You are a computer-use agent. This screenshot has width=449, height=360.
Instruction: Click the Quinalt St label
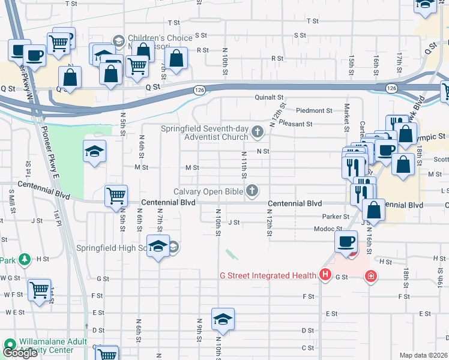point(268,97)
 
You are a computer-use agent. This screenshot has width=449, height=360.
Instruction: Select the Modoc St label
point(327,229)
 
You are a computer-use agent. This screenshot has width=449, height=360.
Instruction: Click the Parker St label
point(335,217)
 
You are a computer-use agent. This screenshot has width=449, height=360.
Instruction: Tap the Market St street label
point(347,116)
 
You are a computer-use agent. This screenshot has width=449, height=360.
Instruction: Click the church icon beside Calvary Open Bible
point(253,191)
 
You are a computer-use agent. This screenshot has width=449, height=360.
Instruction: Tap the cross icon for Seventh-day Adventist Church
point(258,131)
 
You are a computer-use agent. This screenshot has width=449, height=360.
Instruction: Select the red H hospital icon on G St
point(325,275)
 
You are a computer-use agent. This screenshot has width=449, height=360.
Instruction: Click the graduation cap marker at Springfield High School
point(158,246)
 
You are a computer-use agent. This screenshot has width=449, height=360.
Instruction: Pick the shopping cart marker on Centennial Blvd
point(116,196)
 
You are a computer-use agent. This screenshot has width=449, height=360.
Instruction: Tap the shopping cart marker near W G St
point(39,290)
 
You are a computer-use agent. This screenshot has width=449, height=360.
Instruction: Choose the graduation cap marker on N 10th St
point(223,319)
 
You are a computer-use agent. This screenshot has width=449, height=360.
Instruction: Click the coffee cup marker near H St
point(346,242)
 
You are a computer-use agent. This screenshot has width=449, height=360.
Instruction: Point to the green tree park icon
point(24,260)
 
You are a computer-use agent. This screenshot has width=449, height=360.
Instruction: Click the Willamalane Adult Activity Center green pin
point(10,344)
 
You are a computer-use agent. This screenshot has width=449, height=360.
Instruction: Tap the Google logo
point(20,353)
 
